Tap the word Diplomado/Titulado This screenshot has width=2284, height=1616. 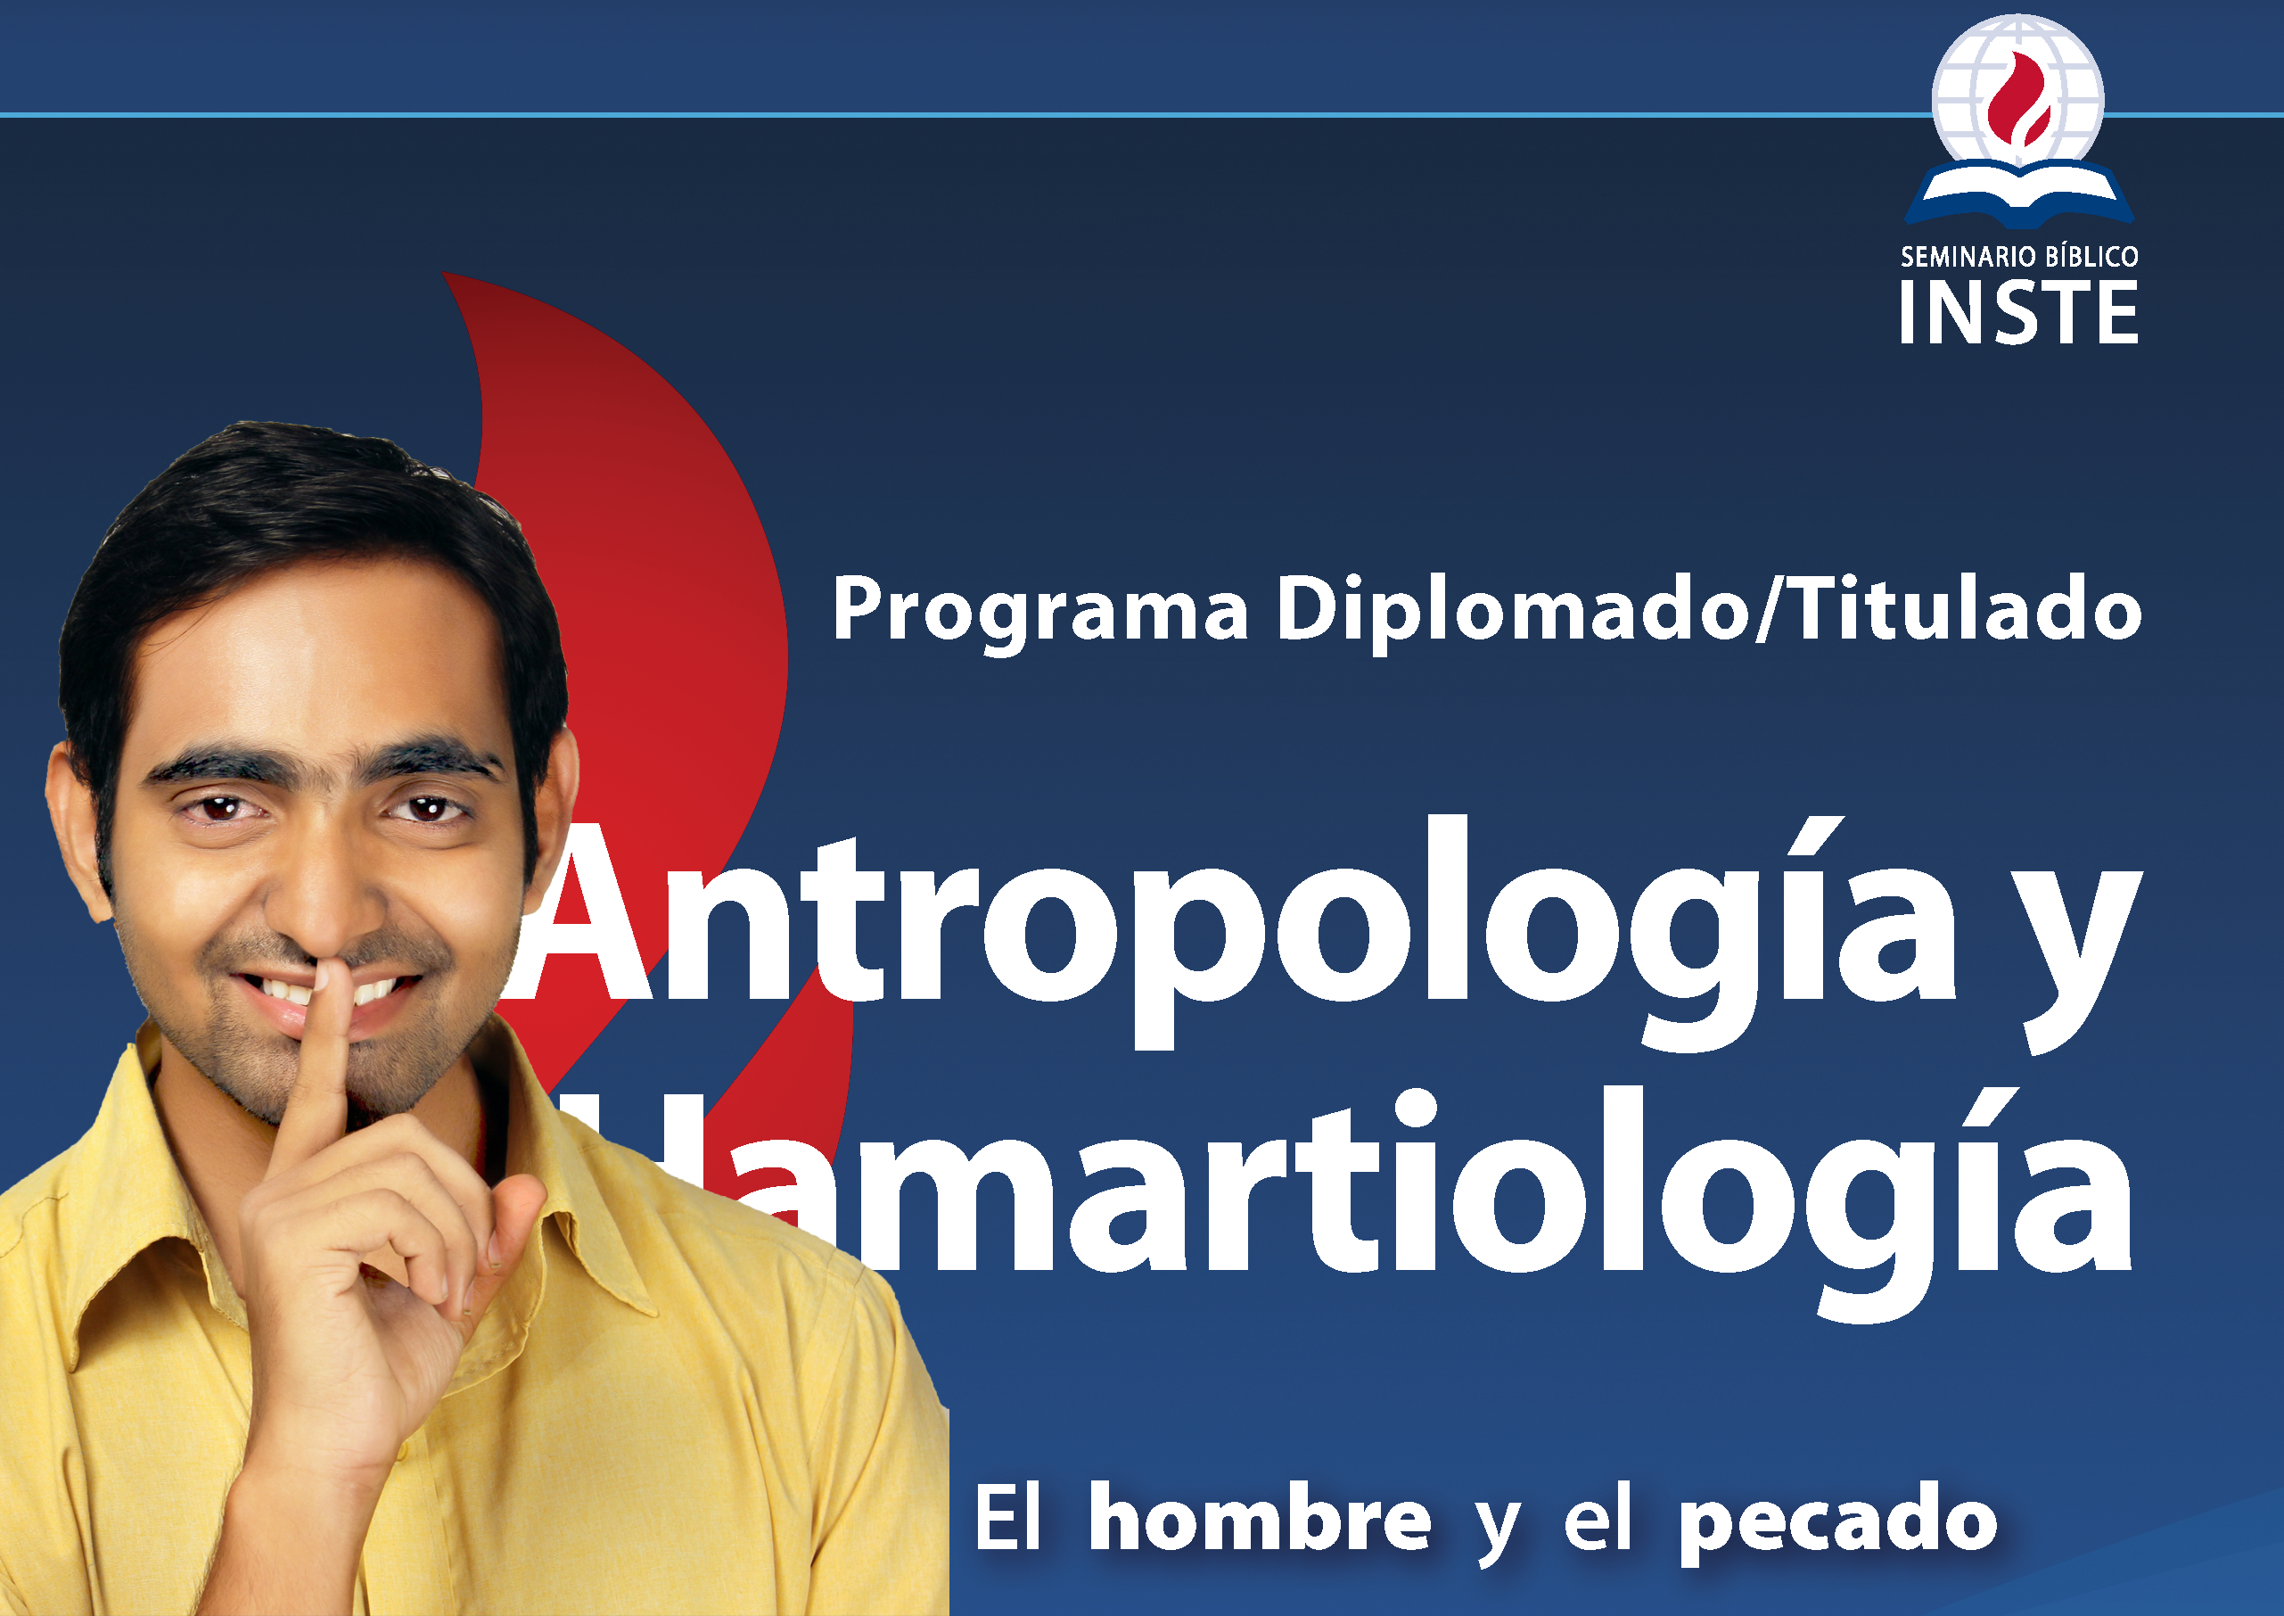(x=1708, y=608)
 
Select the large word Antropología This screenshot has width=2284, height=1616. (x=1236, y=932)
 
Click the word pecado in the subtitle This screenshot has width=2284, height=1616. (x=1837, y=1524)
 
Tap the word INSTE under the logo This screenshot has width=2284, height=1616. (x=2018, y=312)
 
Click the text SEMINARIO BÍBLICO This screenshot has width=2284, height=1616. (x=2018, y=257)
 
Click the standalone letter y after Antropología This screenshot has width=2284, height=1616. (x=2071, y=952)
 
